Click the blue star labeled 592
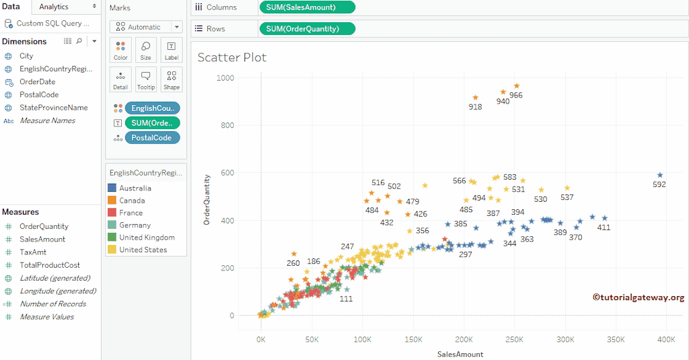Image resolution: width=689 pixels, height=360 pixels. [x=660, y=175]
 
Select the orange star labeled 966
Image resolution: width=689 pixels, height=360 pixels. [x=517, y=86]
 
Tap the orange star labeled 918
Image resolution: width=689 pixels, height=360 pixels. [x=475, y=98]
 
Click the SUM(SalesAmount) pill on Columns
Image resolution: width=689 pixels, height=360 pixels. [x=307, y=7]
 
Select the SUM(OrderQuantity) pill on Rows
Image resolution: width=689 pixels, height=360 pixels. [x=307, y=29]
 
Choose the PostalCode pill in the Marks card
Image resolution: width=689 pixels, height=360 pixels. [x=152, y=138]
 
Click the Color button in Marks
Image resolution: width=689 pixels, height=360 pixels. [x=120, y=50]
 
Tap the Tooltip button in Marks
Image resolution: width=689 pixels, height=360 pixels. [x=145, y=79]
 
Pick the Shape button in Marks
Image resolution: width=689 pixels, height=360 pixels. [x=172, y=79]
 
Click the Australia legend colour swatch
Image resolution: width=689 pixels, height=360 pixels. [x=112, y=188]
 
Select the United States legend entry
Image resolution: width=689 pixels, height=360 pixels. [x=143, y=250]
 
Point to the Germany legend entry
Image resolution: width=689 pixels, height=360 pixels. [x=135, y=225]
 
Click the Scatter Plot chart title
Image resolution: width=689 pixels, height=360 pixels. [x=232, y=57]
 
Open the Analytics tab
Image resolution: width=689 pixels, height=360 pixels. [x=54, y=7]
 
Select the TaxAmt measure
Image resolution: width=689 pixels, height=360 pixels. [x=33, y=252]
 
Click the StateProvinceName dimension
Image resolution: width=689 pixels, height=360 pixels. [x=53, y=108]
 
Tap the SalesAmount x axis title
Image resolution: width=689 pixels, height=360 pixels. [x=460, y=354]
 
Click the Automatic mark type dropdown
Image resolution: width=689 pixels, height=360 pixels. [x=146, y=27]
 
